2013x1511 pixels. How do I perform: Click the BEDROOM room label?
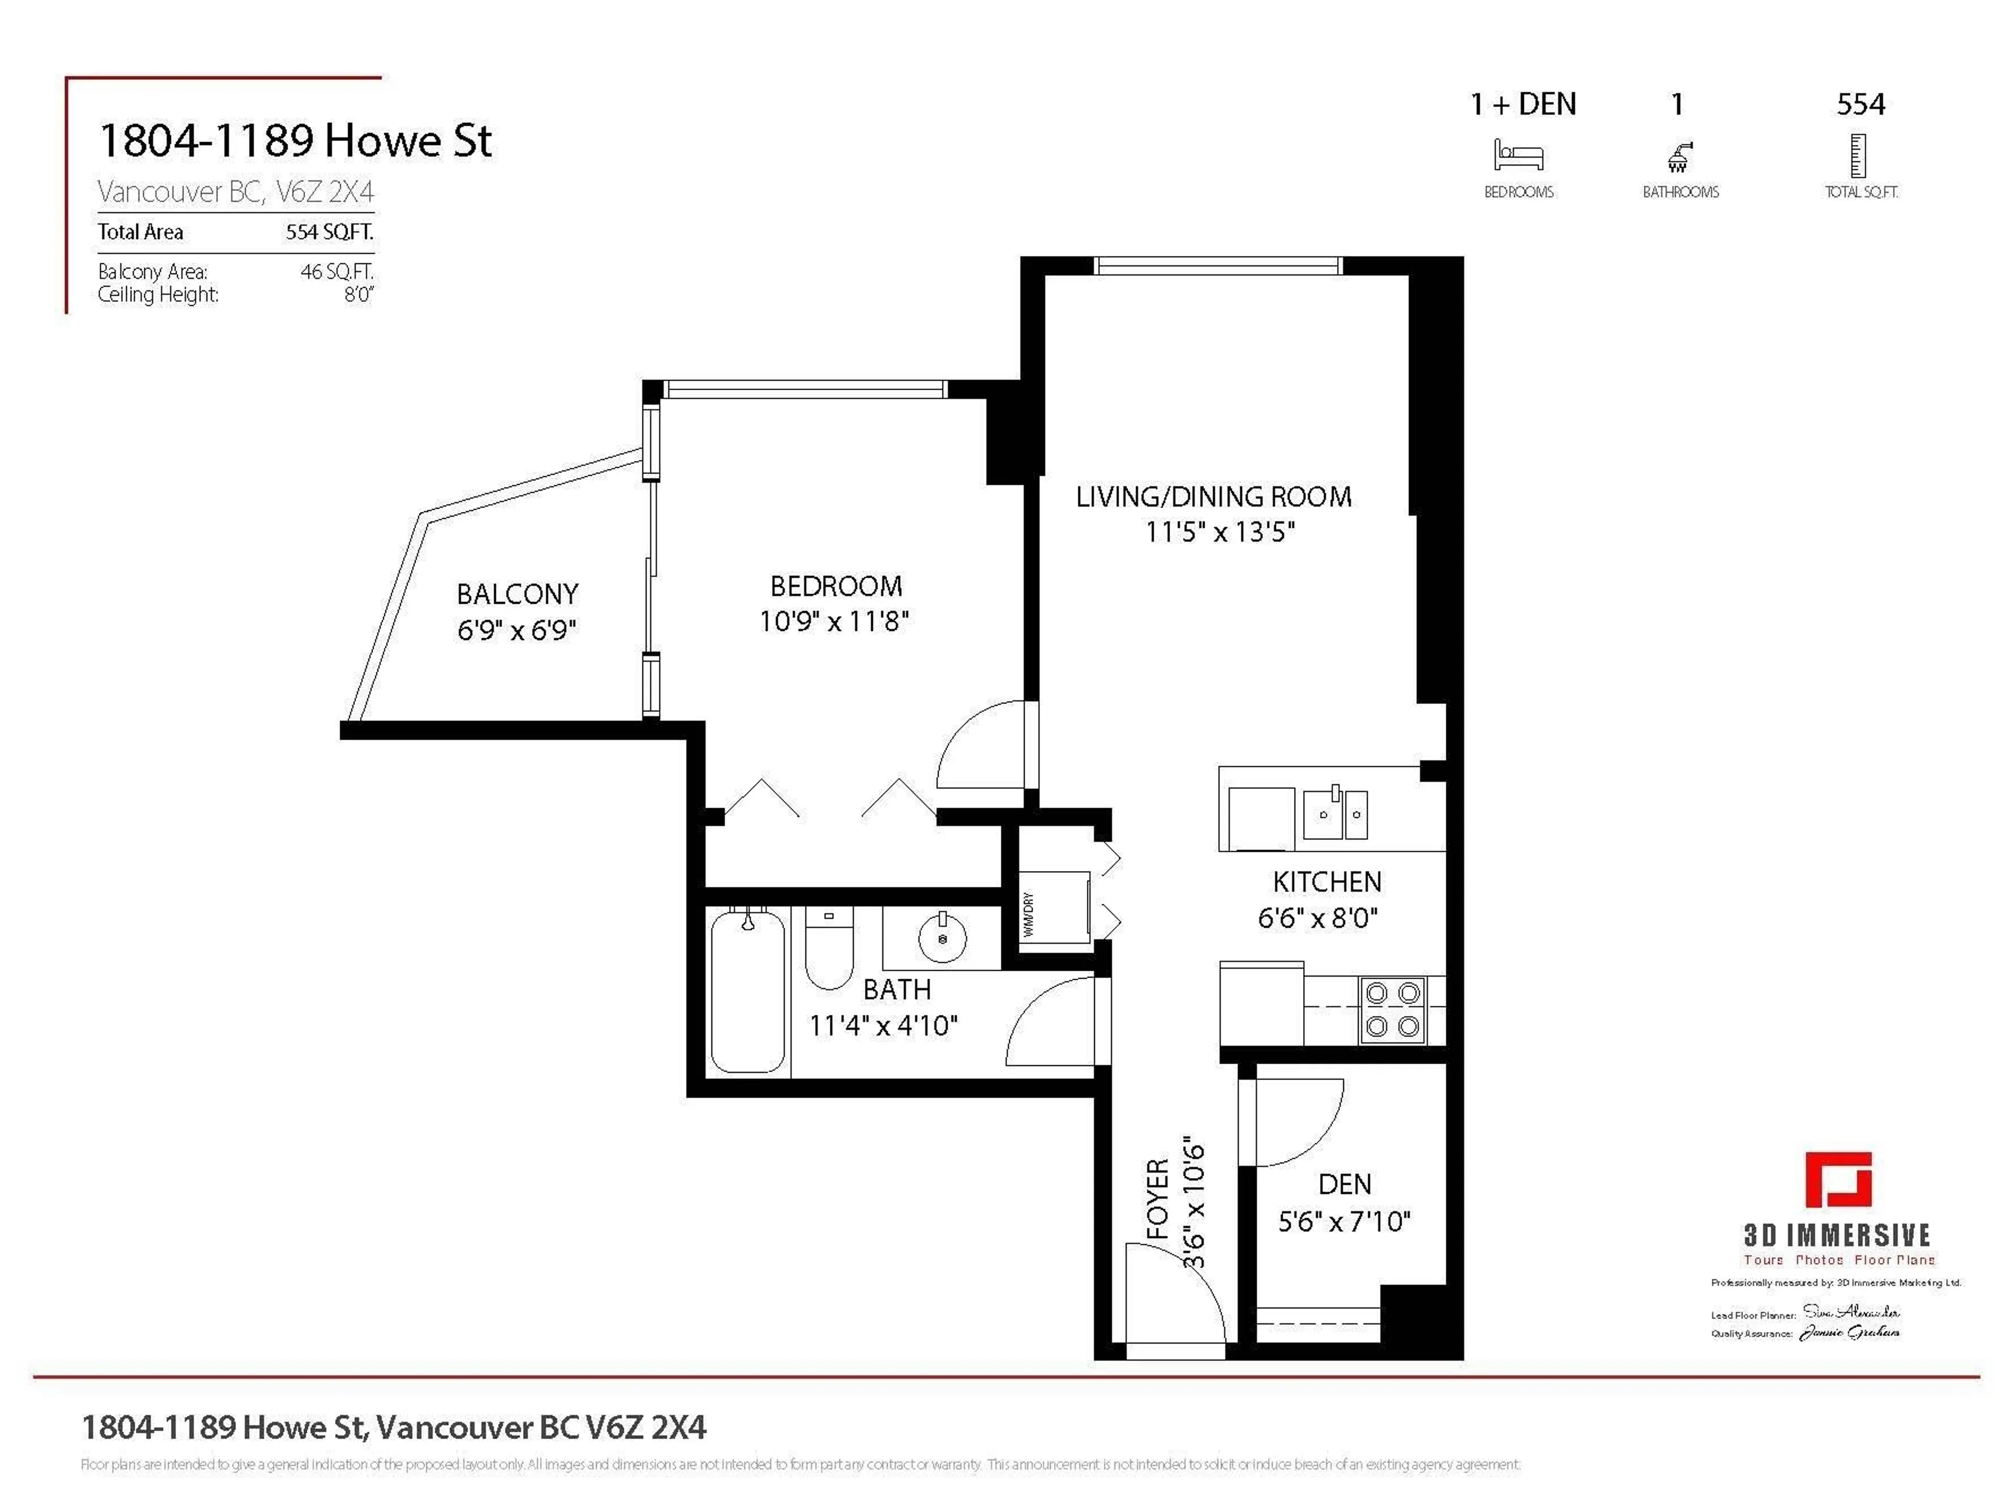(x=836, y=586)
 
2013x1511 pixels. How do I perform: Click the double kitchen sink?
(x=1335, y=813)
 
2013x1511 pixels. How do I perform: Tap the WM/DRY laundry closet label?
(x=1029, y=915)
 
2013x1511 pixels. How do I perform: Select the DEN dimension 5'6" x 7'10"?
(x=1344, y=1221)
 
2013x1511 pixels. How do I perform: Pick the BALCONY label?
(x=517, y=594)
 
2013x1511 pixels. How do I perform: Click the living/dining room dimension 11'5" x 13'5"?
(x=1219, y=532)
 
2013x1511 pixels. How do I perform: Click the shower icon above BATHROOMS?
(x=1679, y=157)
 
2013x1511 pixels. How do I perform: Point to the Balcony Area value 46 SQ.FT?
(x=337, y=271)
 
